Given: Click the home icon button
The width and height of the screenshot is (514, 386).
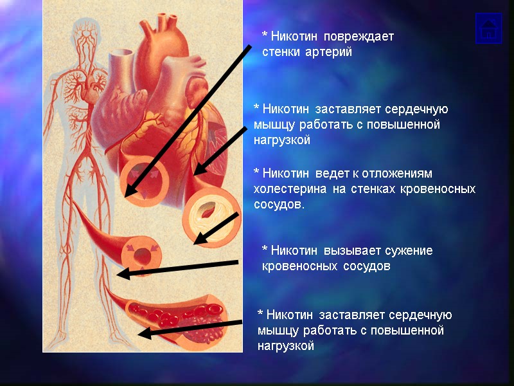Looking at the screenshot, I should click(488, 28).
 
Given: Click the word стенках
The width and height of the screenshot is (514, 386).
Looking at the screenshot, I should click(371, 189).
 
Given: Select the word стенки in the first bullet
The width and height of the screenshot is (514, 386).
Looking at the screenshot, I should click(279, 52).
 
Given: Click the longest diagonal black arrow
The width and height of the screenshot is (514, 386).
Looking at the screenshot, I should click(186, 122).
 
